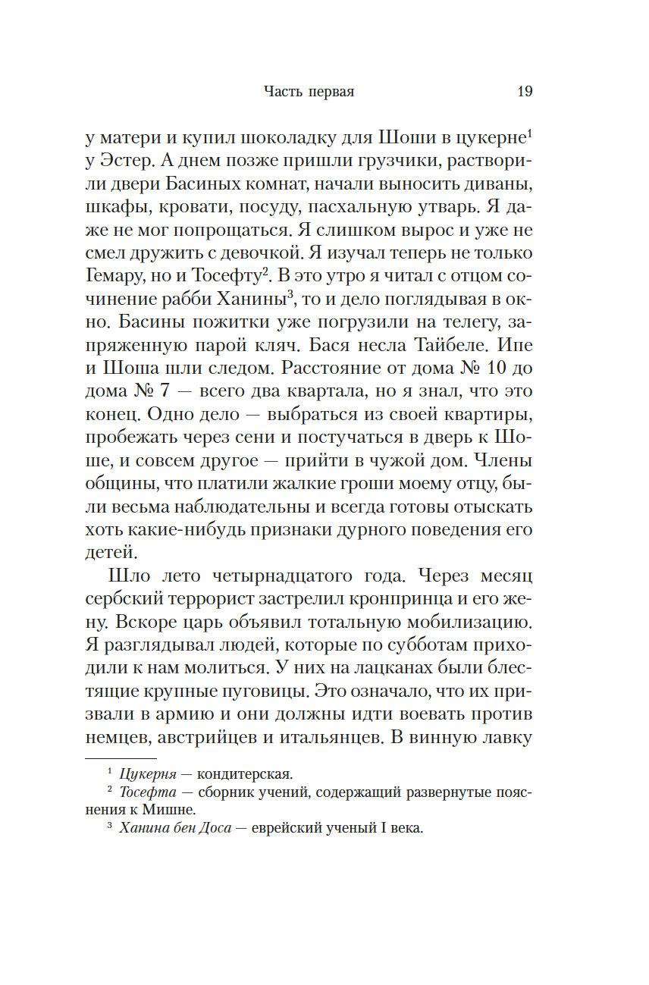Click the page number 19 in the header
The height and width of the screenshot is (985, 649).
pos(525,92)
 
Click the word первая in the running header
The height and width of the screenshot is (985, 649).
pos(331,93)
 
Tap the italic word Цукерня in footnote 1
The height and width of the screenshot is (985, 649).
pos(149,775)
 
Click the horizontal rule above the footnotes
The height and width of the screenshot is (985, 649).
pos(120,759)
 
